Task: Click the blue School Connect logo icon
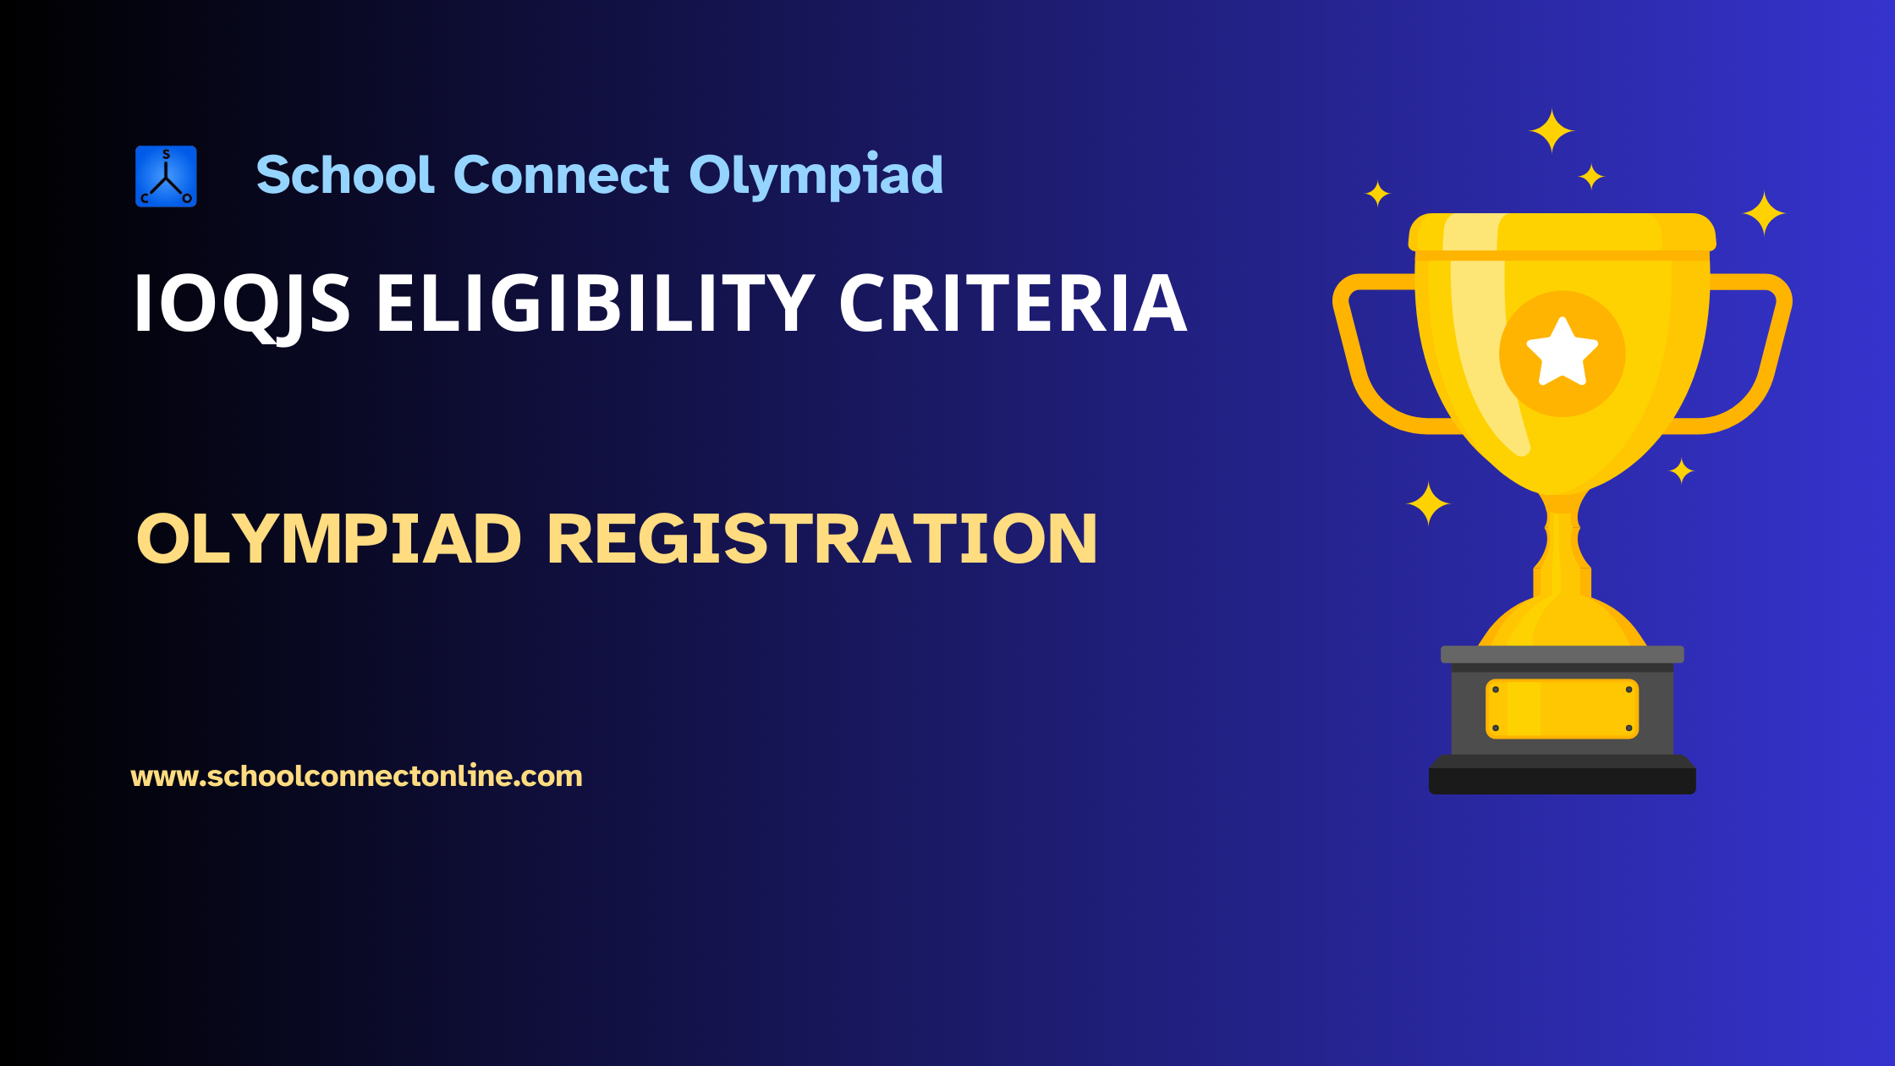pyautogui.click(x=166, y=176)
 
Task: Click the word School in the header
pyautogui.click(x=345, y=175)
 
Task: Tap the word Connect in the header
pyautogui.click(x=561, y=175)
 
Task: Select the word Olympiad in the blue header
pyautogui.click(x=816, y=175)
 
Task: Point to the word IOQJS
pyautogui.click(x=241, y=304)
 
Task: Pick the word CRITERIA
pyautogui.click(x=1013, y=304)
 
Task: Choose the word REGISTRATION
pyautogui.click(x=821, y=539)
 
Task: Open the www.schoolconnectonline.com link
pyautogui.click(x=356, y=776)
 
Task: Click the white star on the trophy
pyautogui.click(x=1562, y=353)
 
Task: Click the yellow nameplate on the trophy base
pyautogui.click(x=1562, y=709)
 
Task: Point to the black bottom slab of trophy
pyautogui.click(x=1562, y=781)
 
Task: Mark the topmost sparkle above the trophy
pyautogui.click(x=1552, y=131)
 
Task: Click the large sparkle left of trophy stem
pyautogui.click(x=1429, y=504)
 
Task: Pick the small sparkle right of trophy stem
pyautogui.click(x=1681, y=471)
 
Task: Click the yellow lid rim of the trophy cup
pyautogui.click(x=1562, y=233)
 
